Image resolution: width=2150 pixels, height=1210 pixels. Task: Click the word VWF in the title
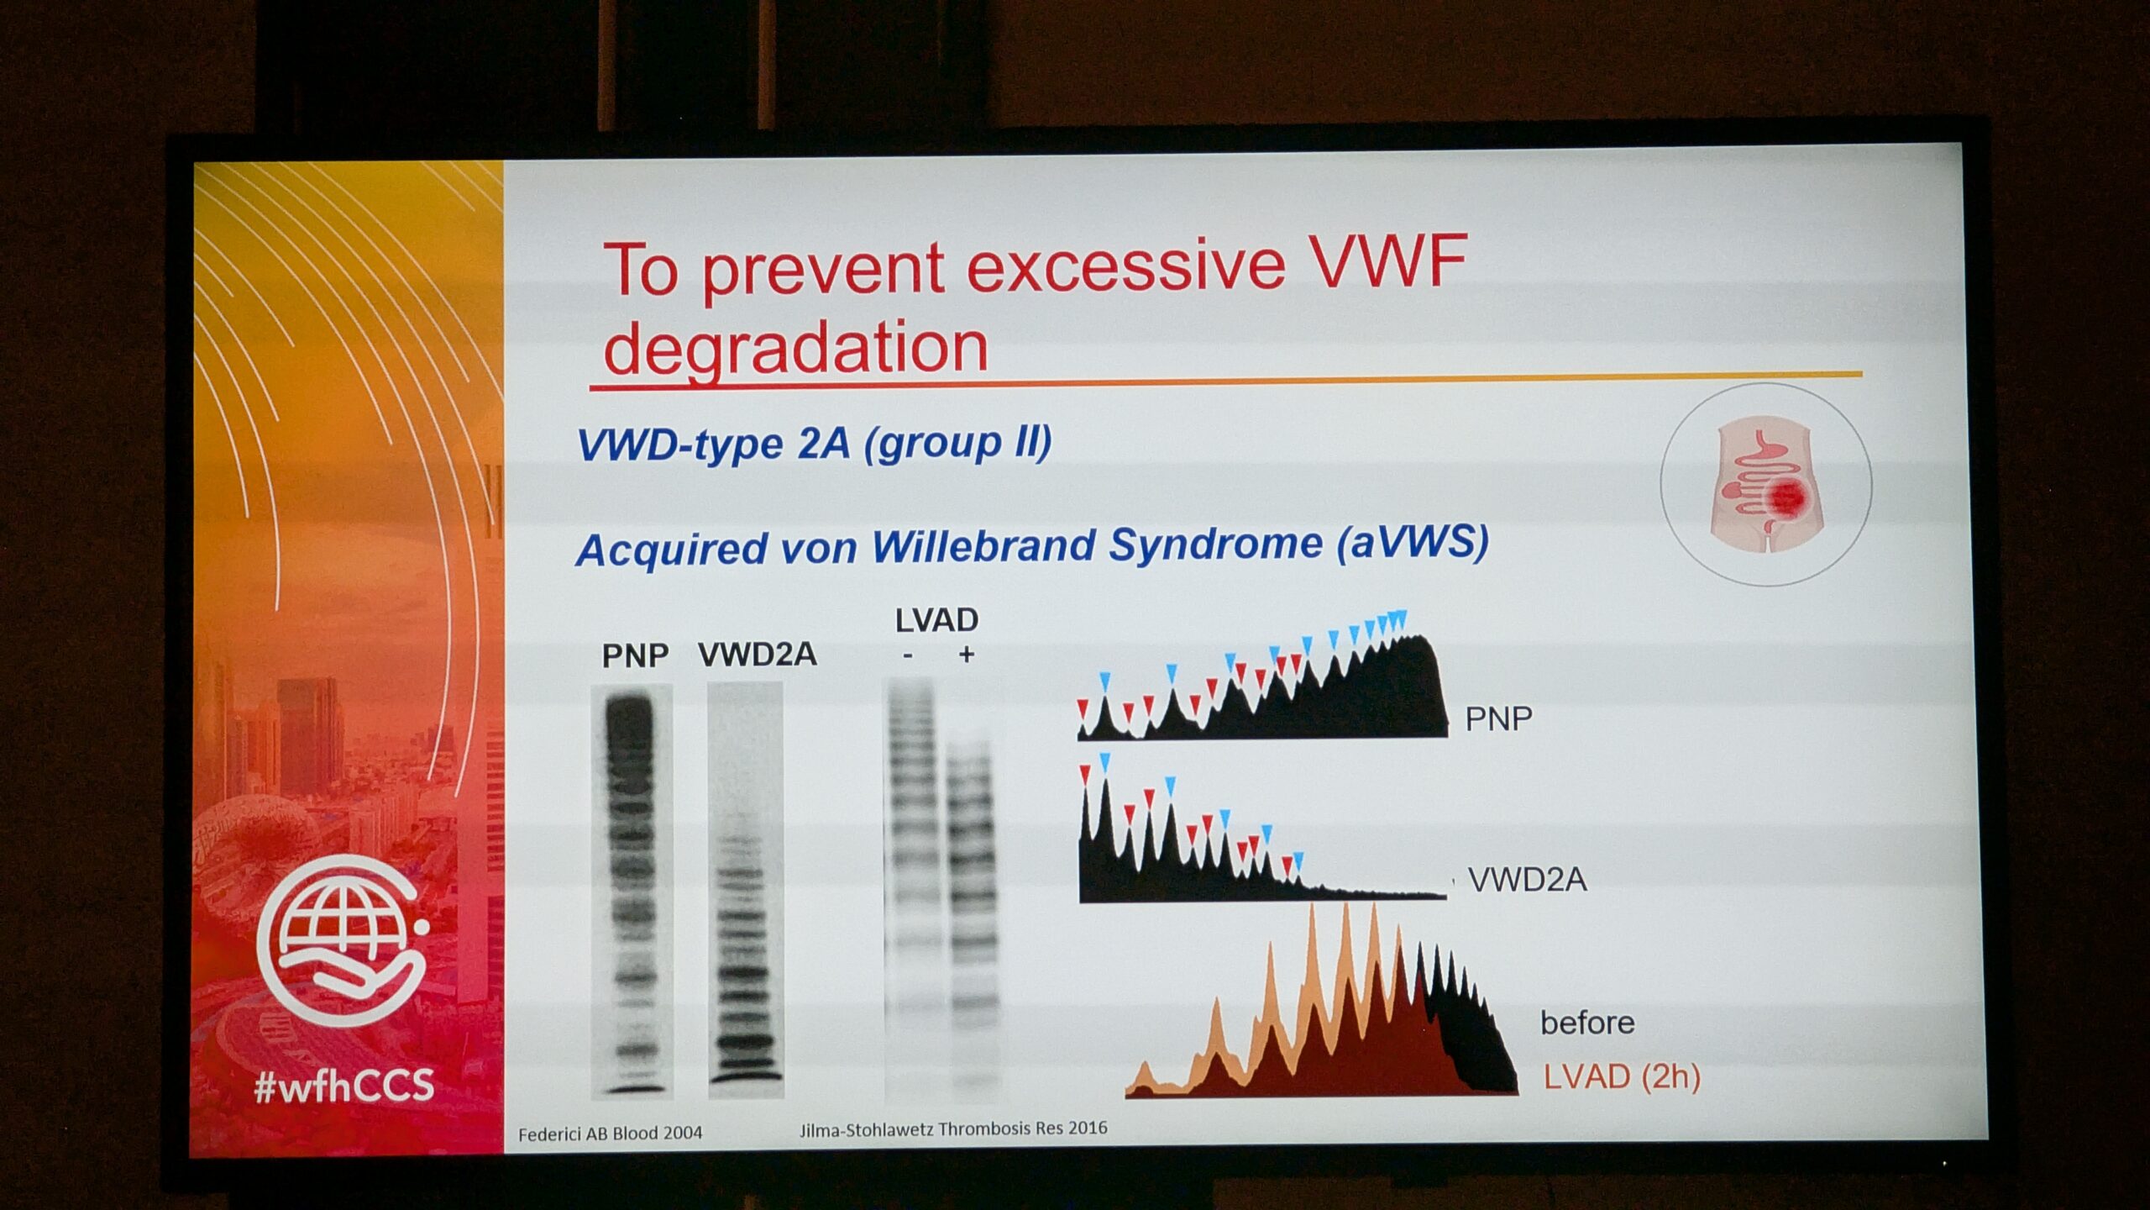[1387, 261]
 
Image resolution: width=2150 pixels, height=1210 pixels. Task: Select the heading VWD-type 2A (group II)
[814, 443]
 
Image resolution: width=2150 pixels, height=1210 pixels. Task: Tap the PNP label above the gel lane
[635, 655]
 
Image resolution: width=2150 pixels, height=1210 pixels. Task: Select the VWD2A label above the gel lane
[757, 655]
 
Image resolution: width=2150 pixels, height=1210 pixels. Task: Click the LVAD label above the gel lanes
[936, 620]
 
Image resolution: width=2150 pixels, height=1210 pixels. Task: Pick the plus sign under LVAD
[966, 654]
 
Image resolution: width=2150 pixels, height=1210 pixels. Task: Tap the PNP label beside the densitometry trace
[1498, 718]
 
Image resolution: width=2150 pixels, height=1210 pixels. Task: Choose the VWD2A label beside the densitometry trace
[1527, 880]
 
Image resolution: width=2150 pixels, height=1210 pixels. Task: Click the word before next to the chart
[1587, 1023]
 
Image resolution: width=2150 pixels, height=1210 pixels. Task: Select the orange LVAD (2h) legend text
[1622, 1076]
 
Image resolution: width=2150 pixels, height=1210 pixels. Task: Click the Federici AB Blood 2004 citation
[610, 1134]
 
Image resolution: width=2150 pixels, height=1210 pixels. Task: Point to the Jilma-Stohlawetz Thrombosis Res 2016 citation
[953, 1128]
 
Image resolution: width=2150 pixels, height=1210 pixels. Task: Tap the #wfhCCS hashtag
[344, 1086]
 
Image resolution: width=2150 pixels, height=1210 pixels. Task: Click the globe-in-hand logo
[342, 940]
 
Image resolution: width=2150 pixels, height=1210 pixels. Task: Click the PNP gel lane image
[632, 891]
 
